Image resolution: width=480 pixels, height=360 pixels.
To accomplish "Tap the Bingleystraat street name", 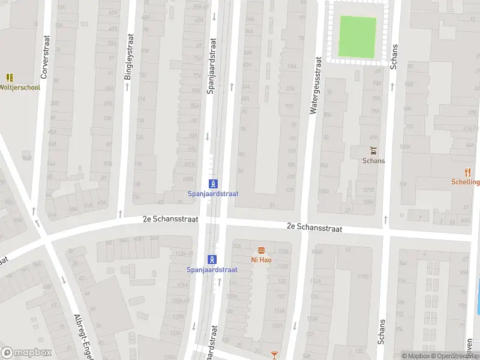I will [127, 61].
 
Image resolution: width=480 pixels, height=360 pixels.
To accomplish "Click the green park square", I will [358, 36].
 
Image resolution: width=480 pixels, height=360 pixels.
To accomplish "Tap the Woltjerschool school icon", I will [10, 77].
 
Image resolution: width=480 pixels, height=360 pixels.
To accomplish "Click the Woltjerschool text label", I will [20, 88].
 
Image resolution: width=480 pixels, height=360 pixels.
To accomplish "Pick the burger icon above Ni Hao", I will [261, 250].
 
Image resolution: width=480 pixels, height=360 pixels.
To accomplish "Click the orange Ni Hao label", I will [261, 260].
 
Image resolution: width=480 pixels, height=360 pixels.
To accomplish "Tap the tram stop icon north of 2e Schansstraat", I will [212, 184].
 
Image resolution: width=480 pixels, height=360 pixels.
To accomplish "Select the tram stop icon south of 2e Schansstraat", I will [212, 259].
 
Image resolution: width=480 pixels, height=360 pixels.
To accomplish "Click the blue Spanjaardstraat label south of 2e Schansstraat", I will [212, 270].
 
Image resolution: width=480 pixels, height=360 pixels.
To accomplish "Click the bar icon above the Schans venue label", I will [373, 150].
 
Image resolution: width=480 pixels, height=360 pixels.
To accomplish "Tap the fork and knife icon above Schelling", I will [468, 172].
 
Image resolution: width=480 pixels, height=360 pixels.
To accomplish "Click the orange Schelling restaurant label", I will [466, 182].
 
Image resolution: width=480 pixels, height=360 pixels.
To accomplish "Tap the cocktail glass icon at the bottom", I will [275, 355].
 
